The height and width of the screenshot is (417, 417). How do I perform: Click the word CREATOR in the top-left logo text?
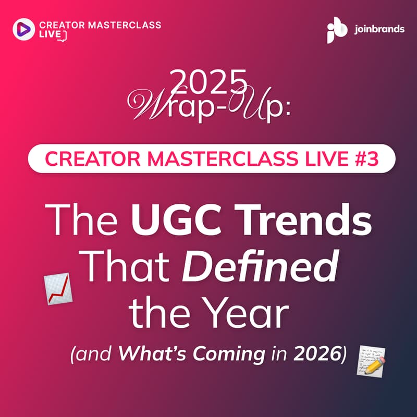pyautogui.click(x=59, y=24)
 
